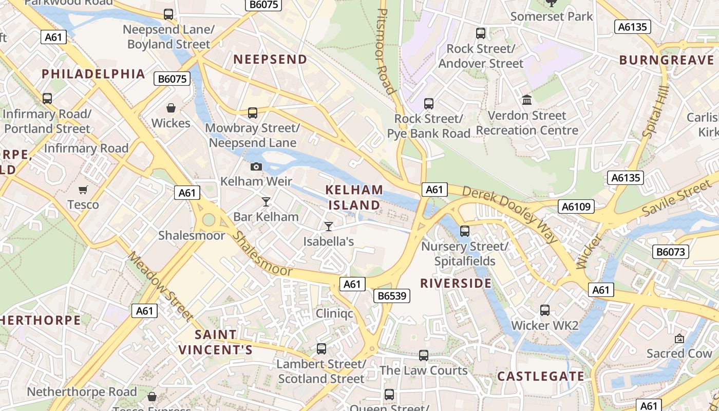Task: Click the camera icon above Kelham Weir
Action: tap(256, 166)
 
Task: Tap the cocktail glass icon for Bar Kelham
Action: tap(266, 202)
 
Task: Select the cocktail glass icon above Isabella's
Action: tap(329, 226)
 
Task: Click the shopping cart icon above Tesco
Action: tap(83, 190)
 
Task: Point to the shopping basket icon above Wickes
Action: tap(171, 108)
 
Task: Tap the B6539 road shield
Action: tap(391, 295)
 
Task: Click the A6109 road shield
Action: tap(576, 207)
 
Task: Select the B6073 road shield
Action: tap(670, 252)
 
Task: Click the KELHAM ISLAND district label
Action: tap(354, 197)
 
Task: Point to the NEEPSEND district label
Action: tap(270, 60)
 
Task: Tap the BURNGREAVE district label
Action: tap(667, 60)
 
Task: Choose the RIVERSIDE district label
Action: tap(456, 283)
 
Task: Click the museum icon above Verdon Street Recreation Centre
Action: tap(527, 100)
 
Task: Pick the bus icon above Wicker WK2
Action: tap(545, 310)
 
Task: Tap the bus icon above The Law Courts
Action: tap(424, 355)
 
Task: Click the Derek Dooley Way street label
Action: tap(509, 214)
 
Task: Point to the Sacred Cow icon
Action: tap(679, 339)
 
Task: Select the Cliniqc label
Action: tap(334, 313)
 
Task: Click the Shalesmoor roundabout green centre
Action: tap(209, 220)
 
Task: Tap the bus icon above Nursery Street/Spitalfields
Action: tap(465, 231)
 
